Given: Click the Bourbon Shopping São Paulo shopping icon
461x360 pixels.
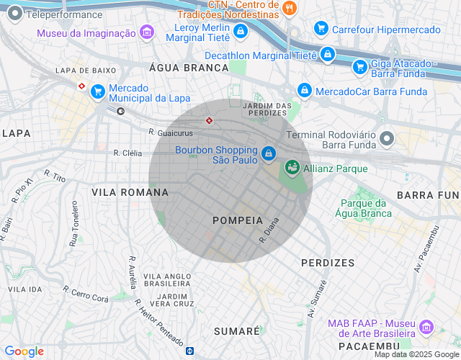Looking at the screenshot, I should click(x=269, y=153).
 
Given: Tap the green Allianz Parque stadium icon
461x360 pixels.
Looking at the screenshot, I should click(x=292, y=168).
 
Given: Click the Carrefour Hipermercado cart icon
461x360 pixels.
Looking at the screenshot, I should click(x=321, y=29).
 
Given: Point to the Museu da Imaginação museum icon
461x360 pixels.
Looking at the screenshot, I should click(x=147, y=32).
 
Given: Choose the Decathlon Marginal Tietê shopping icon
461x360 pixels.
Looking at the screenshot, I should click(x=328, y=54).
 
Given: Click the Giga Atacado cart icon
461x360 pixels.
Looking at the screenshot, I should click(x=359, y=67).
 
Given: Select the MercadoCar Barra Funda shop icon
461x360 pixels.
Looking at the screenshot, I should click(x=305, y=91).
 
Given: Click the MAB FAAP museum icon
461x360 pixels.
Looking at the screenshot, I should click(x=426, y=328).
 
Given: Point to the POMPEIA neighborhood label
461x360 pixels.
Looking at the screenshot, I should click(x=235, y=220).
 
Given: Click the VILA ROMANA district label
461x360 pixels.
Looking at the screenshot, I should click(x=130, y=192).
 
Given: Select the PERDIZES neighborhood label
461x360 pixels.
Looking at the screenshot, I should click(x=328, y=263).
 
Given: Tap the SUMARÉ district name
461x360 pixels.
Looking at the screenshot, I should click(x=237, y=330).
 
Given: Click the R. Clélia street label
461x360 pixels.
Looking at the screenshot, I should click(x=127, y=153).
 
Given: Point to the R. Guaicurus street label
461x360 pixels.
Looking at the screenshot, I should click(x=171, y=132).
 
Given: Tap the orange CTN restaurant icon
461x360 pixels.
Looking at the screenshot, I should click(x=290, y=9).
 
